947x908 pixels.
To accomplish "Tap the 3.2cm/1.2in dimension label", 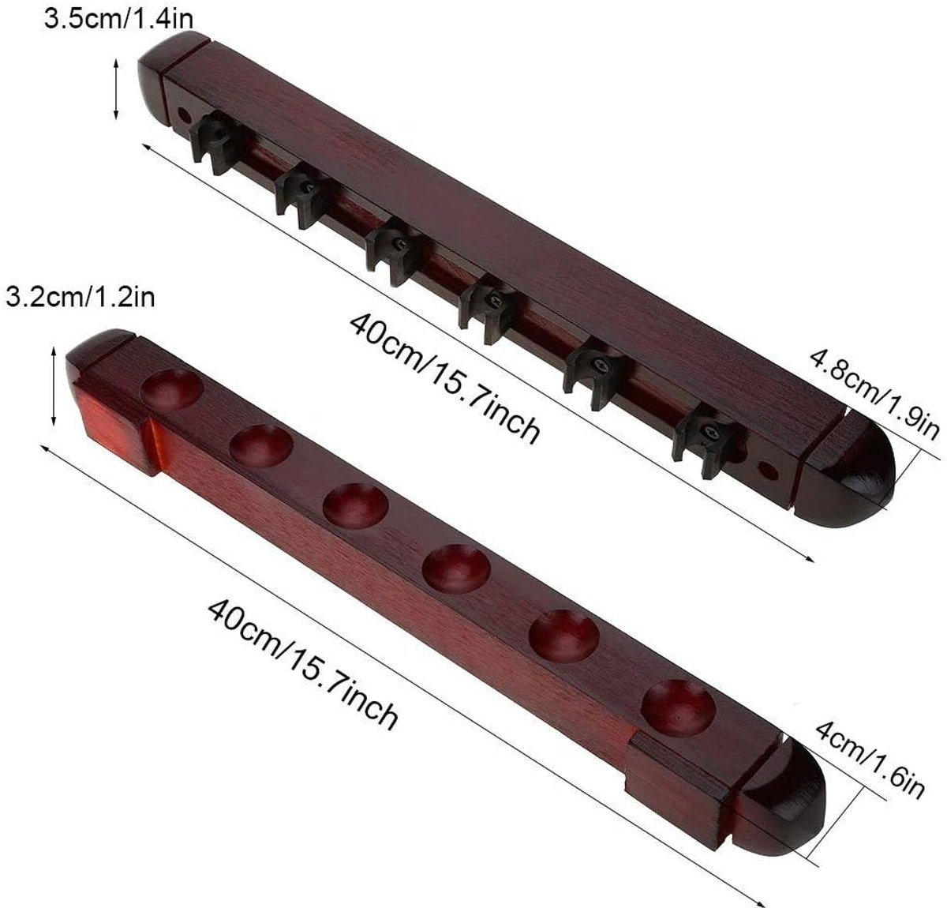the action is tap(80, 297).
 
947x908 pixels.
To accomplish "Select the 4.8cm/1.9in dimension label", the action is tap(874, 396).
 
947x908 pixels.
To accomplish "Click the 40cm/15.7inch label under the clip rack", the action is tap(444, 378).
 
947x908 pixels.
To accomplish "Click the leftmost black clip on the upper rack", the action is tap(214, 141).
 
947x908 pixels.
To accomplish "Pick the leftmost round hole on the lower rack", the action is tap(171, 389).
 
